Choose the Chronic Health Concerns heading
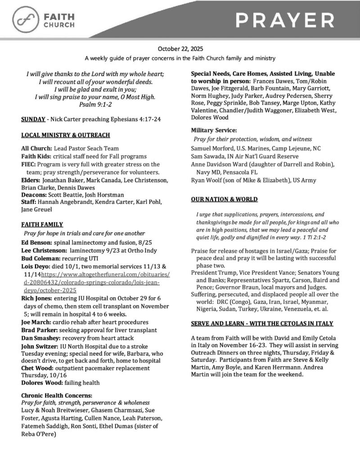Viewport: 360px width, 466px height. [56, 395]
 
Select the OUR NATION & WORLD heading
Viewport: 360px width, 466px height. [225, 199]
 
